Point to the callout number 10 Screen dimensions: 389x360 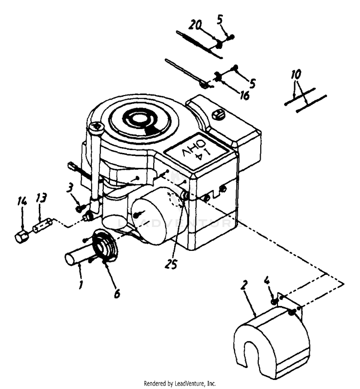(296, 76)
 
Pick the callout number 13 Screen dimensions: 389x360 (41, 199)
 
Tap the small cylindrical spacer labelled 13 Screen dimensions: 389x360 (42, 225)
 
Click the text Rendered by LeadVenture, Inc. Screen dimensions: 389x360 (180, 383)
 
